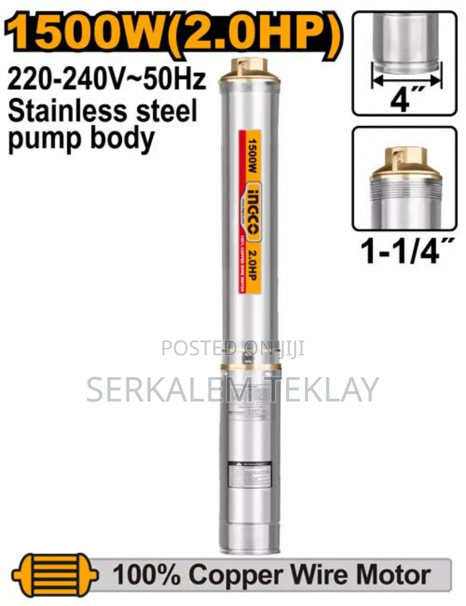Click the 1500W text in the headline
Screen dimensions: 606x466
point(81,32)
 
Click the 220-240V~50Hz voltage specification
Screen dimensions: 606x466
point(107,79)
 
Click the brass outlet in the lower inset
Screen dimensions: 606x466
point(405,163)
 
